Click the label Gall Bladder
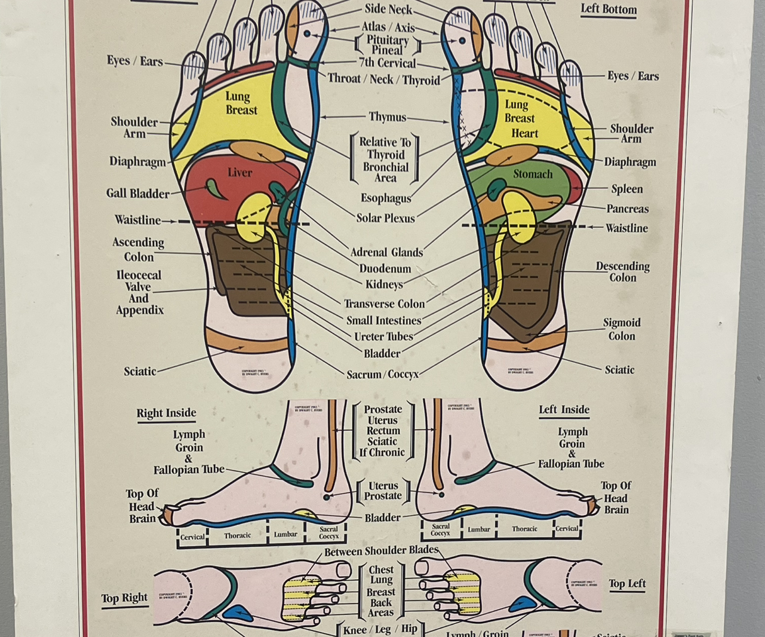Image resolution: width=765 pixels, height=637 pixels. click(137, 194)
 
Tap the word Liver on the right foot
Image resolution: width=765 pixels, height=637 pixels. click(239, 173)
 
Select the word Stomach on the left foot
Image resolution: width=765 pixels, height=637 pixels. click(533, 174)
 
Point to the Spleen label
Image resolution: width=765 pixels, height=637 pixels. click(626, 189)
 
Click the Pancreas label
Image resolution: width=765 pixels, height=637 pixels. click(627, 209)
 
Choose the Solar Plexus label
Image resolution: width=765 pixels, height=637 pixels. click(385, 218)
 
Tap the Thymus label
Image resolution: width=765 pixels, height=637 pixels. click(387, 117)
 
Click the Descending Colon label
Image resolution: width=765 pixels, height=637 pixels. click(622, 272)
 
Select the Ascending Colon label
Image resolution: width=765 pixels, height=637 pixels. click(138, 249)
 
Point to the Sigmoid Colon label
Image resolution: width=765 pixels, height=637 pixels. click(621, 329)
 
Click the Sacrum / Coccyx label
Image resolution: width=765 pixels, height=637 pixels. click(382, 375)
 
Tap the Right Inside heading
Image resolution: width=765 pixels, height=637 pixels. click(166, 413)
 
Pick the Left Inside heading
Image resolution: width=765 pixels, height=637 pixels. click(564, 410)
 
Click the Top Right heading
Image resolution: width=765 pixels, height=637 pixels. click(124, 598)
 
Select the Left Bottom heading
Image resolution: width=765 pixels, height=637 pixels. click(609, 10)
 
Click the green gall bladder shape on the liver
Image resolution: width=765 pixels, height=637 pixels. click(213, 188)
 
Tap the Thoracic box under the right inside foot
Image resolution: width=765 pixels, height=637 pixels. click(237, 535)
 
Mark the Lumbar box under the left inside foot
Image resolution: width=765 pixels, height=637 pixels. click(478, 529)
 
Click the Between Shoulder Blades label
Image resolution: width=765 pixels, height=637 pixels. click(381, 551)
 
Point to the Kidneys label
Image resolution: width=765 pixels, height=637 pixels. click(384, 284)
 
